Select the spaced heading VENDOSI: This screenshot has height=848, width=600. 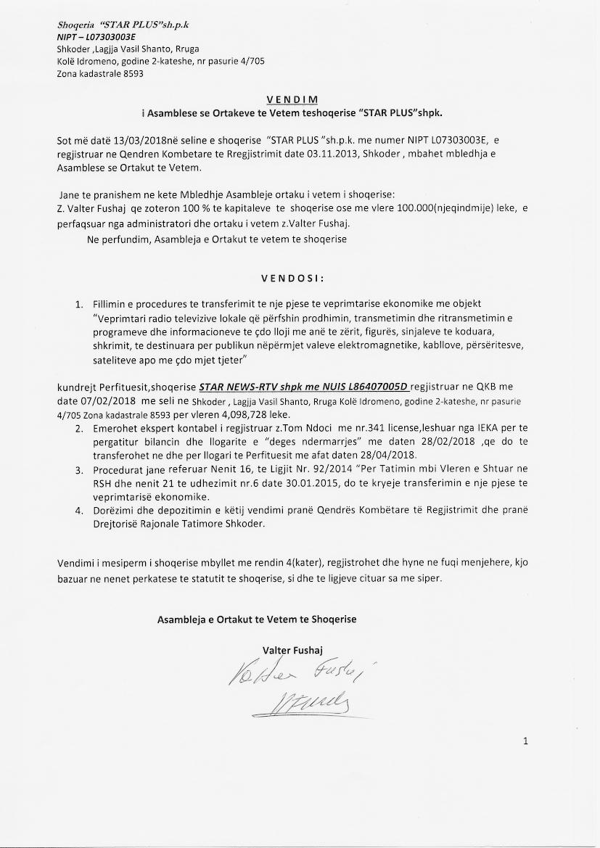(x=292, y=278)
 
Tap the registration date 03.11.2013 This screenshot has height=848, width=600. (x=342, y=154)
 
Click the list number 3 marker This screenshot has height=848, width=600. (x=78, y=470)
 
